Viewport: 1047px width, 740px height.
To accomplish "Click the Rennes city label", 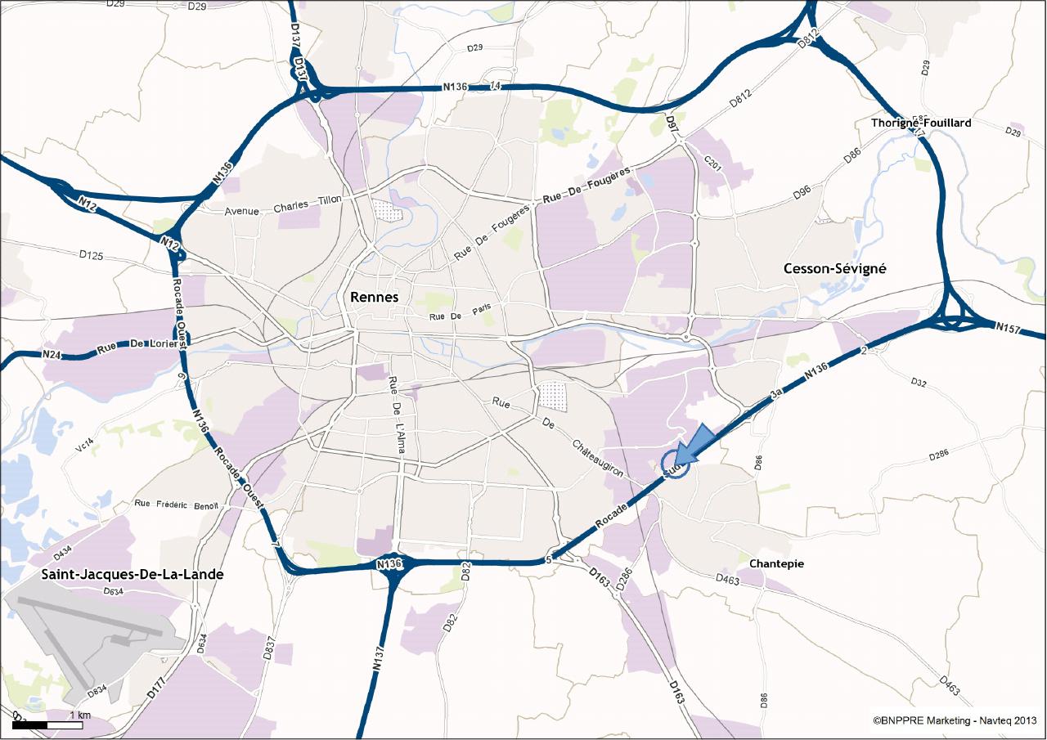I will [374, 298].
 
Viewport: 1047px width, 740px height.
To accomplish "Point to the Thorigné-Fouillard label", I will [920, 123].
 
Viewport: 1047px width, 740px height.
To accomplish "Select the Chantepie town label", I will [776, 563].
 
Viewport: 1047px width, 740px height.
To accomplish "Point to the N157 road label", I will [1008, 327].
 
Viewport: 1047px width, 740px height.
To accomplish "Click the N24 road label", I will [53, 355].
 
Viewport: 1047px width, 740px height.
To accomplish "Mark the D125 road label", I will [92, 256].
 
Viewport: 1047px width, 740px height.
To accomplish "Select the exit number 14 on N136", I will [495, 87].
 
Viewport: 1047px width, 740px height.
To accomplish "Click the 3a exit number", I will [779, 393].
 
